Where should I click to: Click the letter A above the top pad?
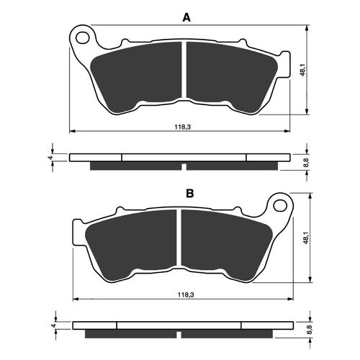click(x=186, y=17)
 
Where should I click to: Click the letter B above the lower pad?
click(x=189, y=194)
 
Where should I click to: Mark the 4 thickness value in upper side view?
click(x=50, y=157)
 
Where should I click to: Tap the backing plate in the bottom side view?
click(x=180, y=325)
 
